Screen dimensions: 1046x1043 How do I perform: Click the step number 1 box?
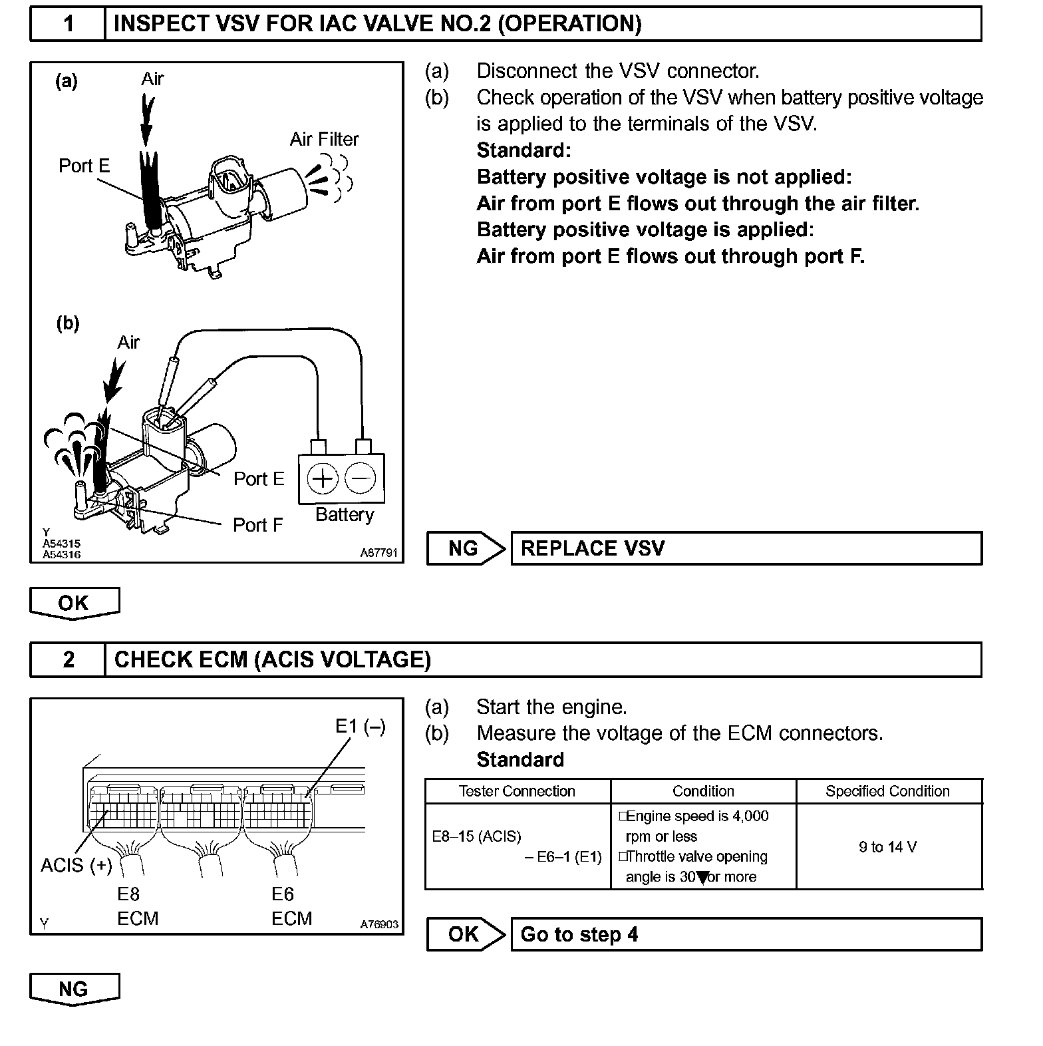click(68, 24)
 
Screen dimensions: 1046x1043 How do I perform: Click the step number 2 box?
click(68, 659)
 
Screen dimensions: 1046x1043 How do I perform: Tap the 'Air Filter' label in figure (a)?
click(324, 140)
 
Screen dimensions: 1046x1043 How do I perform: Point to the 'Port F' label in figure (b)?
click(257, 525)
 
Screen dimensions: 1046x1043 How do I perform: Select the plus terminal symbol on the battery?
click(323, 478)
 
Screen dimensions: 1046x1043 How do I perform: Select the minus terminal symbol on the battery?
click(361, 478)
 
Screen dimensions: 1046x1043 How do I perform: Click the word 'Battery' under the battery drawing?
click(344, 514)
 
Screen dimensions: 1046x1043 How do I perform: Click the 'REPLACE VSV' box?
click(746, 548)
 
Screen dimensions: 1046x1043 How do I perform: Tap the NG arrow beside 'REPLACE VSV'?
click(465, 548)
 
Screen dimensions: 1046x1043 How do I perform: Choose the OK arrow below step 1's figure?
click(74, 603)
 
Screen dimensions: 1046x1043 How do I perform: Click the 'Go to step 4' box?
click(746, 934)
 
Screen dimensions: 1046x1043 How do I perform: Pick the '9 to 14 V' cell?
click(888, 847)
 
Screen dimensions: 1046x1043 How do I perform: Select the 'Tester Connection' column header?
click(517, 791)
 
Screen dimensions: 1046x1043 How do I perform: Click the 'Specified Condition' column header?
click(888, 791)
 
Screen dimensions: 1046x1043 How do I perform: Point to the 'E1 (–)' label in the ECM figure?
click(360, 726)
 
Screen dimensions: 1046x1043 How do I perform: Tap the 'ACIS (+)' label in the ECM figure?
click(76, 865)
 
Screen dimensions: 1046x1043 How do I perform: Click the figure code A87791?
click(378, 553)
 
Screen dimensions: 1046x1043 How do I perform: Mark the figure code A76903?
click(379, 924)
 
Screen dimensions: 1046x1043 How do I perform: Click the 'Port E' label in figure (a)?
click(84, 166)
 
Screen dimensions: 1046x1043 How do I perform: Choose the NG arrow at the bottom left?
click(74, 989)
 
